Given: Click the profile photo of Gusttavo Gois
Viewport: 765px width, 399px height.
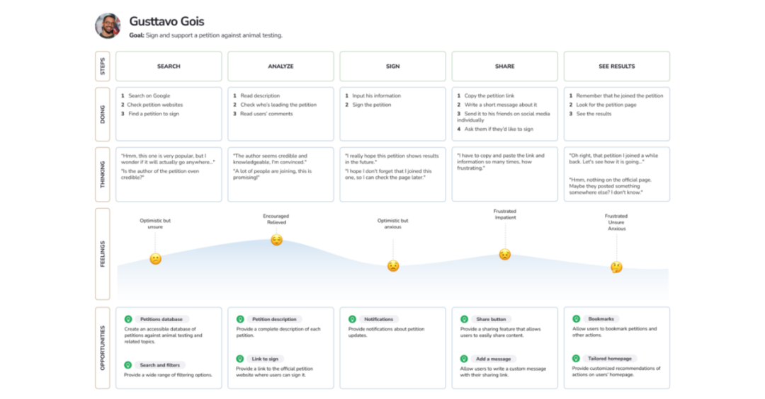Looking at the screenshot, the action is (108, 25).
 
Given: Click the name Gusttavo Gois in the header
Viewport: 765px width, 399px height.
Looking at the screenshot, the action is (166, 21).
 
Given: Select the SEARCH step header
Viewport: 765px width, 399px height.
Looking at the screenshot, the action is (169, 66).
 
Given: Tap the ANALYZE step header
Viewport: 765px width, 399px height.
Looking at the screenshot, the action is (280, 66).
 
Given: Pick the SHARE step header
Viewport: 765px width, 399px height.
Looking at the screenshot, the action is (504, 66).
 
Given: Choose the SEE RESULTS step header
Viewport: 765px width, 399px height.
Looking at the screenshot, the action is (617, 66).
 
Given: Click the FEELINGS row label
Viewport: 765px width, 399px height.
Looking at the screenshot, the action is (103, 254).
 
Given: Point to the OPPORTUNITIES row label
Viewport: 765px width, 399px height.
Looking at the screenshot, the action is (103, 348).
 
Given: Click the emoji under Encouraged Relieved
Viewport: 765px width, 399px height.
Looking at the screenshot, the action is (277, 241).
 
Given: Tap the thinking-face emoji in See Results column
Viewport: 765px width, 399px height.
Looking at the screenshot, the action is (616, 267).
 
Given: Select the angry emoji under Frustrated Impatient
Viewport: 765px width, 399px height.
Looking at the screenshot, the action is (504, 254).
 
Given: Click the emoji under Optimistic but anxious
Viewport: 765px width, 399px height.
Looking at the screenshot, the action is (392, 266).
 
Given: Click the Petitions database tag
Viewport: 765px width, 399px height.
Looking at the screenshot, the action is (161, 319).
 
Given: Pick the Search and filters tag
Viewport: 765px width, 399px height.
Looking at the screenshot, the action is (159, 365).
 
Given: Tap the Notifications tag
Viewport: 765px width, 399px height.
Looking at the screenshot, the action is (378, 319).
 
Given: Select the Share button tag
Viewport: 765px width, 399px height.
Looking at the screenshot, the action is (491, 319).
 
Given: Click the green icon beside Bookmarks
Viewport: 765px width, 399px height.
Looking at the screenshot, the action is (576, 318).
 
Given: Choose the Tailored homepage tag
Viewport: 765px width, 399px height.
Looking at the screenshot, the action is (609, 359).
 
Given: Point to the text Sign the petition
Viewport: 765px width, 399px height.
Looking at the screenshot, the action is (372, 105).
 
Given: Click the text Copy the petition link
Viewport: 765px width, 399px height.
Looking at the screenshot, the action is (489, 96).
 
